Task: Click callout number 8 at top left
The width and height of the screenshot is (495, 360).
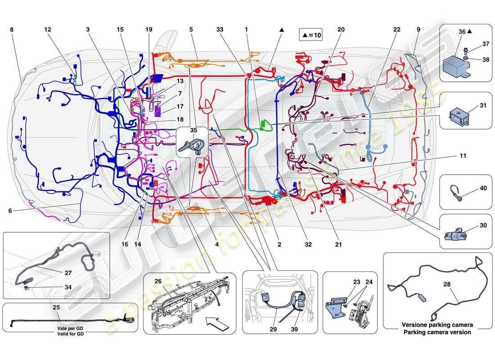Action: pos(11,29)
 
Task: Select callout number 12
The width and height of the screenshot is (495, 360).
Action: pos(48,29)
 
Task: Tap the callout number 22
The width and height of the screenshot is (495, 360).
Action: pos(396,29)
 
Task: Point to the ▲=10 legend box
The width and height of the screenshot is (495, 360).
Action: pos(310,35)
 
